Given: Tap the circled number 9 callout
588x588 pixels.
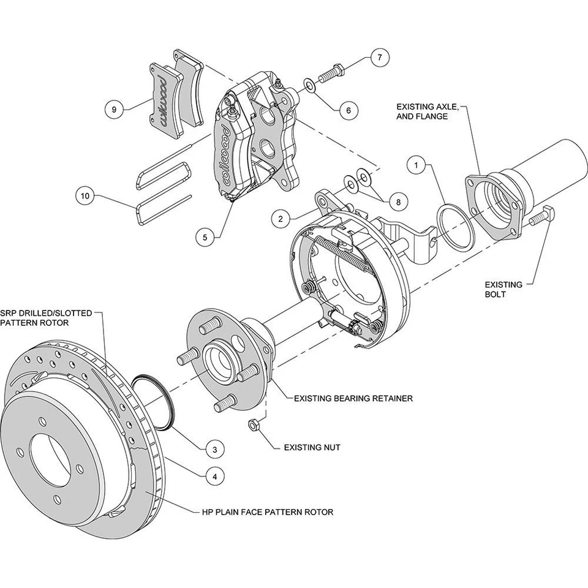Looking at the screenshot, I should pyautogui.click(x=114, y=110).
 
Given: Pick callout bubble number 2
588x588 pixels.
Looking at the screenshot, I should pyautogui.click(x=280, y=218).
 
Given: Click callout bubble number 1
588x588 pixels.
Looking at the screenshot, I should pyautogui.click(x=417, y=165).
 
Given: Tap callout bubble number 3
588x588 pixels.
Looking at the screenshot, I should pyautogui.click(x=214, y=449).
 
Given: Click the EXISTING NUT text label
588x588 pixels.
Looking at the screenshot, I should pyautogui.click(x=312, y=448).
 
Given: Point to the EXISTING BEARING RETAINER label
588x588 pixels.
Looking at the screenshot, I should pyautogui.click(x=353, y=398).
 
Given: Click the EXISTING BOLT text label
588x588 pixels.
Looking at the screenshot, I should pyautogui.click(x=503, y=289).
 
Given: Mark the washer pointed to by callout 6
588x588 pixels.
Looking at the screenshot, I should pyautogui.click(x=309, y=85).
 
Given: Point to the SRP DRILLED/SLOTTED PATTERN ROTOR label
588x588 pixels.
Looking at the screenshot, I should pyautogui.click(x=47, y=317).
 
